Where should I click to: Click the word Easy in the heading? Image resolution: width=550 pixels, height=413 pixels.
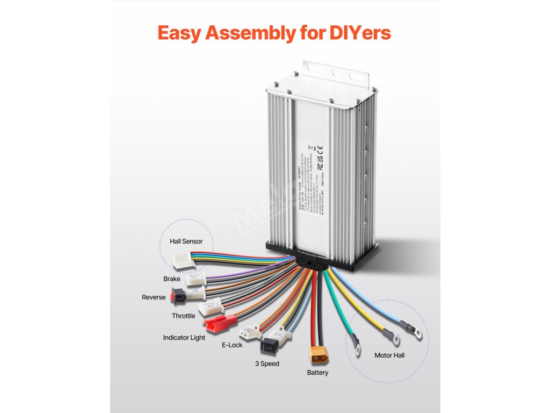(x=179, y=32)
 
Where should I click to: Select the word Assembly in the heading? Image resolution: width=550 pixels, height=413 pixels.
(x=249, y=33)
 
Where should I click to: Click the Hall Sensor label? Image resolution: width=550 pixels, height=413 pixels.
(x=186, y=241)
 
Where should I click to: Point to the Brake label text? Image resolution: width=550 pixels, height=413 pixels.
(x=172, y=279)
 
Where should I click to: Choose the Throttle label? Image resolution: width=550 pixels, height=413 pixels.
(x=184, y=316)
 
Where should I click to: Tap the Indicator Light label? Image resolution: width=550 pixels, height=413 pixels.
(x=184, y=338)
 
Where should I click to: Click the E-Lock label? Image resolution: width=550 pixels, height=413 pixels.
(x=232, y=345)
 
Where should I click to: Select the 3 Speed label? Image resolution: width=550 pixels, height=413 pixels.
(x=267, y=364)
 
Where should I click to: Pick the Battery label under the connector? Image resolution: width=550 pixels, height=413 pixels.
(x=317, y=373)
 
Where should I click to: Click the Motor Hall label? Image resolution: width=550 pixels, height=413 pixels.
(x=389, y=355)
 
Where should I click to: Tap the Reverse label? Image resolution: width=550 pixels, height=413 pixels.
(x=154, y=297)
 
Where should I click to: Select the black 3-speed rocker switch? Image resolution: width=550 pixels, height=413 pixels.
(x=270, y=344)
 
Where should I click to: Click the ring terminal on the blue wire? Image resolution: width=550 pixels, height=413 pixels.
(x=417, y=333)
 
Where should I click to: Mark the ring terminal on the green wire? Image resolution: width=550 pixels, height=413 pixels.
(x=355, y=340)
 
